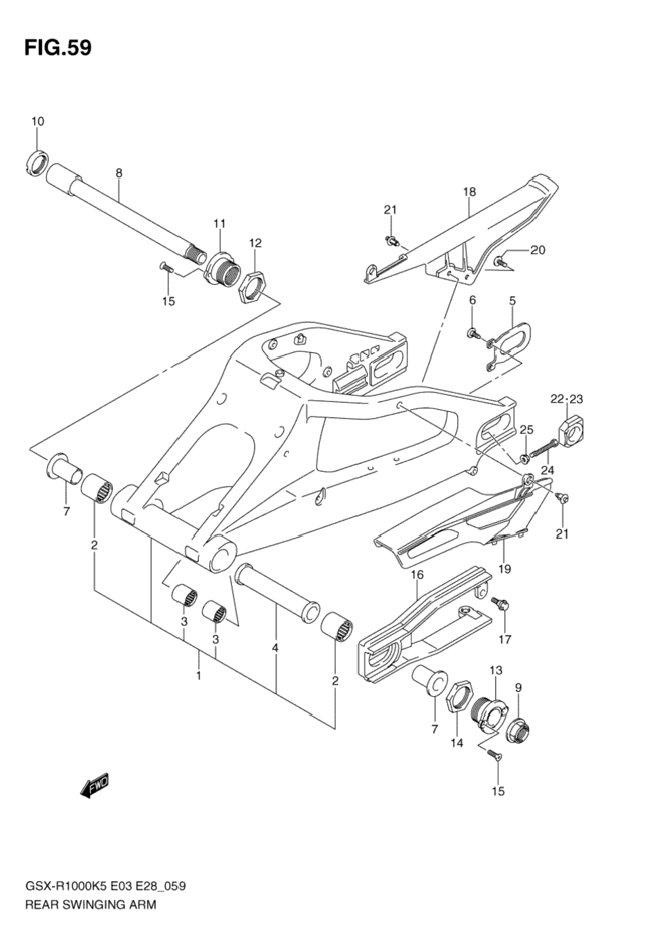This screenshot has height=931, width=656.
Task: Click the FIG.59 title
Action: [57, 48]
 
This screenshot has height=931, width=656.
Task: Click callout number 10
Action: [37, 122]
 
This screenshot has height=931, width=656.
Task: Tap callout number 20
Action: [538, 250]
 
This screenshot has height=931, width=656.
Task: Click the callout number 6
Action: [472, 300]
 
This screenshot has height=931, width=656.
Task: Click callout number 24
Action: [548, 470]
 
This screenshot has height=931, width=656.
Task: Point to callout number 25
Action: [526, 430]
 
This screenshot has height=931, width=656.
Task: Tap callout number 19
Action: [504, 569]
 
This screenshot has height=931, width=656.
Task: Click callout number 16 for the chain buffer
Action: [416, 575]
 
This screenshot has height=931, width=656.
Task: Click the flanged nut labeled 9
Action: [517, 730]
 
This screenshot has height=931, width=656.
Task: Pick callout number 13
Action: [495, 670]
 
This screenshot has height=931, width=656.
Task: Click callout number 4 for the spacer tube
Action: [275, 648]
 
